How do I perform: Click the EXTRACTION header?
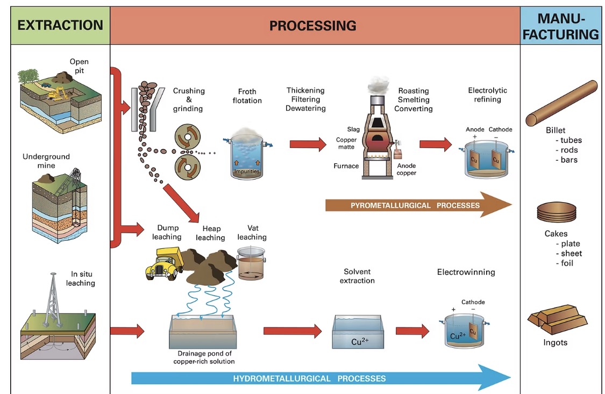pyautogui.click(x=60, y=25)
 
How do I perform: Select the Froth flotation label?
pyautogui.click(x=247, y=96)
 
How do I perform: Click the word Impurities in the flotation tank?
pyautogui.click(x=247, y=171)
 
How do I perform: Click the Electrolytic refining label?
pyautogui.click(x=487, y=95)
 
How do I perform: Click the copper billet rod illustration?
pyautogui.click(x=561, y=103)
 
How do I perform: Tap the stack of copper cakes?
pyautogui.click(x=556, y=212)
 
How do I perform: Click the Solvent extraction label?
pyautogui.click(x=357, y=276)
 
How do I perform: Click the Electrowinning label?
pyautogui.click(x=466, y=273)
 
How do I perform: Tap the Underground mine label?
pyautogui.click(x=46, y=161)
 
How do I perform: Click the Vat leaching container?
pyautogui.click(x=251, y=263)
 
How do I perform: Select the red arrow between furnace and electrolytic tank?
pyautogui.click(x=435, y=144)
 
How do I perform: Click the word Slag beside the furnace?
pyautogui.click(x=353, y=130)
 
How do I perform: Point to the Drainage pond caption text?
pyautogui.click(x=204, y=357)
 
